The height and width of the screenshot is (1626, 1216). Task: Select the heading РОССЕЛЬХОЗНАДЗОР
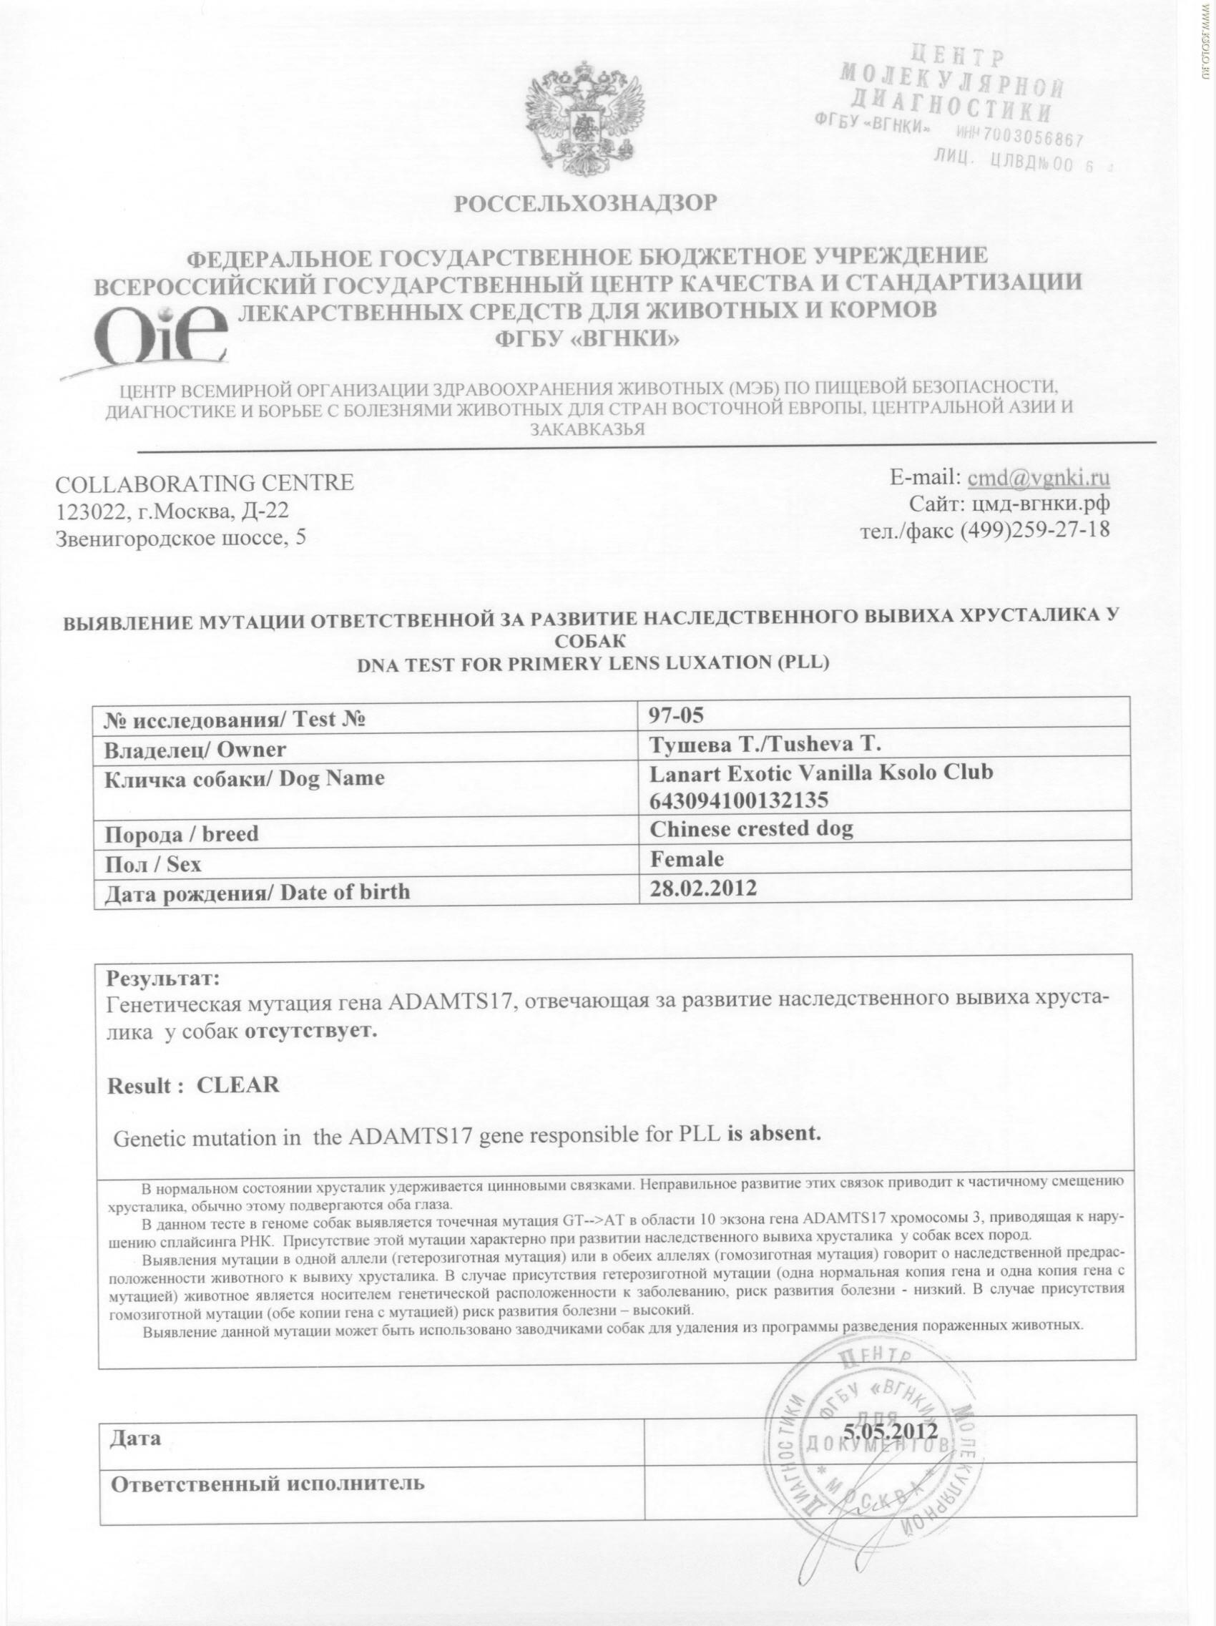tap(584, 204)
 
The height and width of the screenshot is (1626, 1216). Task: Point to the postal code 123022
tap(84, 510)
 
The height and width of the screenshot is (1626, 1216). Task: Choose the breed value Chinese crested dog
tap(750, 829)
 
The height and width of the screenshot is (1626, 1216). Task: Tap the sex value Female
tap(686, 858)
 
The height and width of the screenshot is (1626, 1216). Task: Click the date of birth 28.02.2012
tap(703, 888)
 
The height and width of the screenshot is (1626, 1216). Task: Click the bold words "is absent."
tap(773, 1132)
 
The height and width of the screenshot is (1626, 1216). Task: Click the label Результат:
tap(163, 979)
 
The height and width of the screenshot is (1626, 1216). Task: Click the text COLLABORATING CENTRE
tap(205, 483)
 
